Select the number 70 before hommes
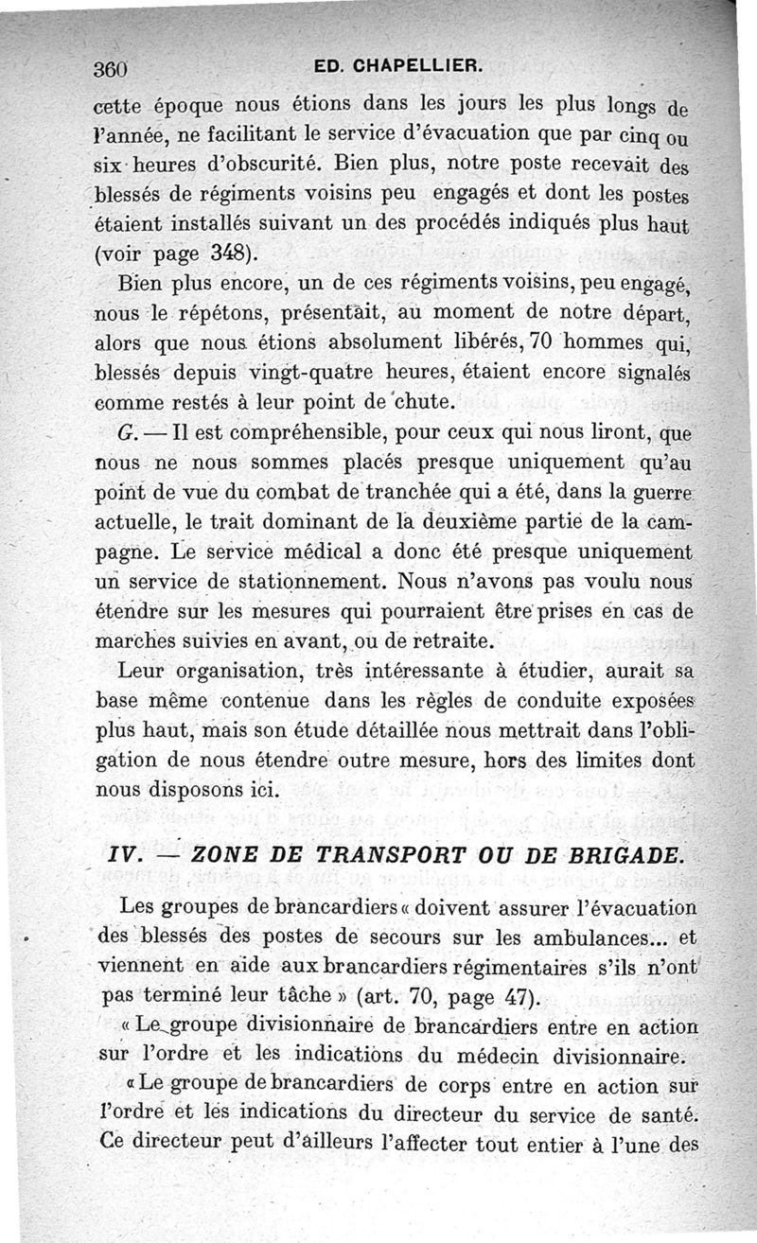pyautogui.click(x=553, y=341)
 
